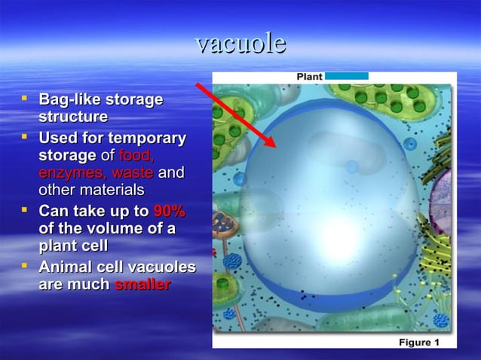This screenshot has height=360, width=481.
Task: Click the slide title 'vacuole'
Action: point(240,43)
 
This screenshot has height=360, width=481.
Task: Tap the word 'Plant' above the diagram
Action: point(309,77)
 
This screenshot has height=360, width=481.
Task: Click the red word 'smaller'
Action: point(142,285)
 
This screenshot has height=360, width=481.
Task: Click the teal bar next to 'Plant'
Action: point(346,76)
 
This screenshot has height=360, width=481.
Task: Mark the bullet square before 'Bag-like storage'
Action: point(26,98)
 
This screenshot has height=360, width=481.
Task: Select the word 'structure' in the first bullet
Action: point(72,117)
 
